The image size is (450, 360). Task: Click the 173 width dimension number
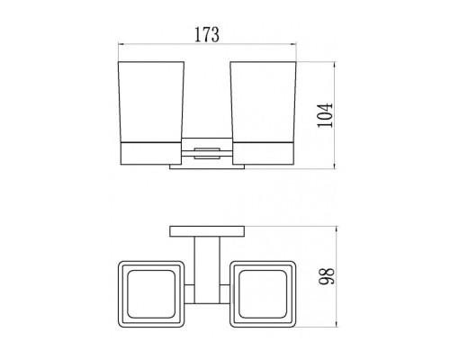point(207,35)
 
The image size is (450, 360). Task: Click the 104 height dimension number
point(326,115)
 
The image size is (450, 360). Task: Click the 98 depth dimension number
point(327,276)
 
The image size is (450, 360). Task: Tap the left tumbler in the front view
point(151,101)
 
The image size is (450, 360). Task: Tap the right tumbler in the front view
point(263,101)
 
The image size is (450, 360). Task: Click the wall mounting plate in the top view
point(207,231)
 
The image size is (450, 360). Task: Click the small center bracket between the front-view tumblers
point(207,153)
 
